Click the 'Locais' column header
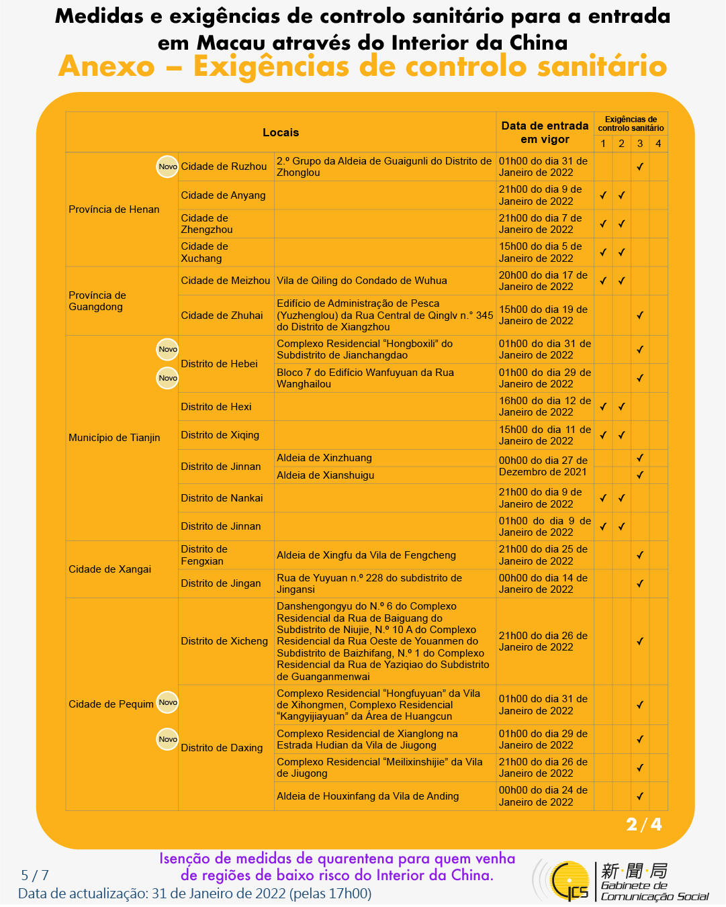(281, 132)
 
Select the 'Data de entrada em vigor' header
(545, 132)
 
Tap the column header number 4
(658, 144)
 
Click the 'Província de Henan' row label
(114, 209)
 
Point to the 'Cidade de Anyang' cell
(223, 195)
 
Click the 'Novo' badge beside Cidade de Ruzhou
(167, 166)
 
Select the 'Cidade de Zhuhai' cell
(222, 316)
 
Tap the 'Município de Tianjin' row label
(114, 438)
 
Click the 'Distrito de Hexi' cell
(216, 407)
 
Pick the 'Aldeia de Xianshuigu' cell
(326, 475)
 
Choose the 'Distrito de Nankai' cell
(222, 498)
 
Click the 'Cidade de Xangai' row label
(109, 569)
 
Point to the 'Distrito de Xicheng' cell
(224, 641)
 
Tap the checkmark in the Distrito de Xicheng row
(640, 641)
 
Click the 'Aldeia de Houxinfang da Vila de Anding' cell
(368, 796)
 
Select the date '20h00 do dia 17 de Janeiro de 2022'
(543, 281)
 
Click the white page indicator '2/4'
(643, 824)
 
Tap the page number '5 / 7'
(35, 875)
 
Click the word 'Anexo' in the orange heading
(107, 66)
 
